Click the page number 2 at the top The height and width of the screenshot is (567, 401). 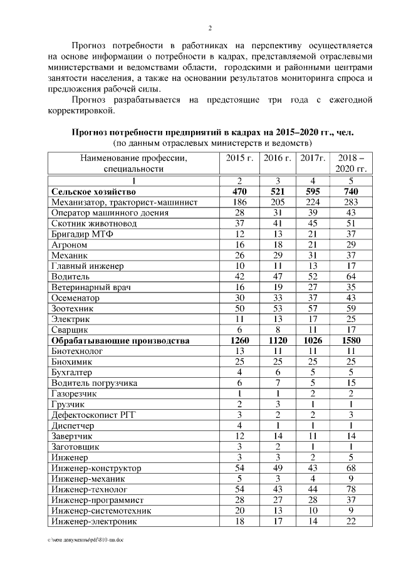[210, 28]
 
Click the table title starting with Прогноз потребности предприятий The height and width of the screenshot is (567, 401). [212, 133]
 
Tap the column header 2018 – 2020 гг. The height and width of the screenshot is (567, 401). [351, 163]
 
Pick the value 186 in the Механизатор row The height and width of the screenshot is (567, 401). [239, 202]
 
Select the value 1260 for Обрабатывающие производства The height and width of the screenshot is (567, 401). [239, 341]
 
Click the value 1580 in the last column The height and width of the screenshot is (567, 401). [351, 341]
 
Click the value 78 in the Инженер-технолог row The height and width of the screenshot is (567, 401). [351, 489]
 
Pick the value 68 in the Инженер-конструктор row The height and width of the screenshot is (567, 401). [351, 467]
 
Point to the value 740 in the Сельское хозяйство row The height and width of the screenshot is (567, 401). [351, 191]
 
